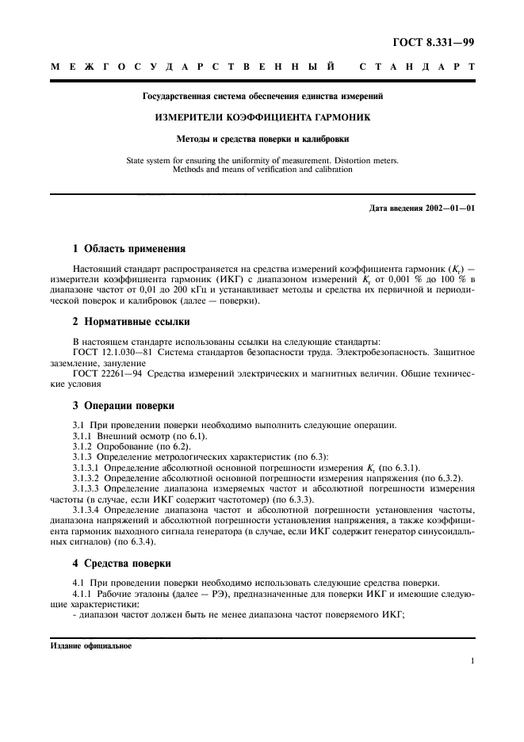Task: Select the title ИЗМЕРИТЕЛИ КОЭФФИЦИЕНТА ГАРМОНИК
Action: [x=262, y=117]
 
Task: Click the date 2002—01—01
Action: [x=448, y=208]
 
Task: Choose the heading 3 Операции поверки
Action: [x=117, y=405]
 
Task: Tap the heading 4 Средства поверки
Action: [x=116, y=564]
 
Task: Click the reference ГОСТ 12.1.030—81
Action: [x=109, y=353]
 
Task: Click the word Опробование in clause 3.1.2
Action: [x=124, y=446]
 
